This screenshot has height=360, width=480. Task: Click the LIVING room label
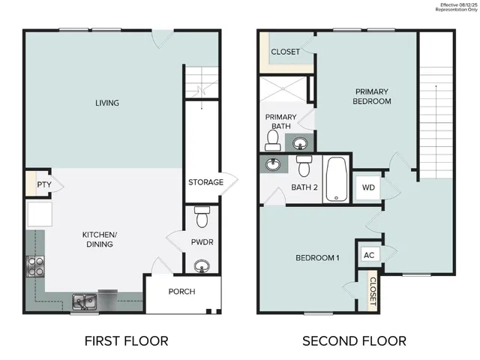[x=107, y=103]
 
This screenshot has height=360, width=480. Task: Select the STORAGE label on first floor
[x=205, y=182]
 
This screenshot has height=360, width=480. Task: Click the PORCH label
[x=182, y=292]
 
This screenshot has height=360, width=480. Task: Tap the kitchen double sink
[x=84, y=302]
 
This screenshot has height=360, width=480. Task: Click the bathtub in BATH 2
[x=337, y=178]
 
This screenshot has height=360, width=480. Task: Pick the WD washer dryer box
[x=368, y=187]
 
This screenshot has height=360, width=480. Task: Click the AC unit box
[x=368, y=255]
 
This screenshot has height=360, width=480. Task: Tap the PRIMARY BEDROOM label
[x=373, y=96]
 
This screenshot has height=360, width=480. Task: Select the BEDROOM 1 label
[x=317, y=258]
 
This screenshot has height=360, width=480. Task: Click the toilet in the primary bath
[x=274, y=139]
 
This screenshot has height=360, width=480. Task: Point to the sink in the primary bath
[x=300, y=142]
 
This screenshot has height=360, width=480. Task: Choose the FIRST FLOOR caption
[x=125, y=341]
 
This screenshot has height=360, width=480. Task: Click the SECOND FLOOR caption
[x=354, y=341]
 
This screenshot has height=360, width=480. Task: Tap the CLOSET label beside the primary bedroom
[x=285, y=52]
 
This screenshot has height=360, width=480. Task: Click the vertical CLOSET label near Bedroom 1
[x=373, y=291]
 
